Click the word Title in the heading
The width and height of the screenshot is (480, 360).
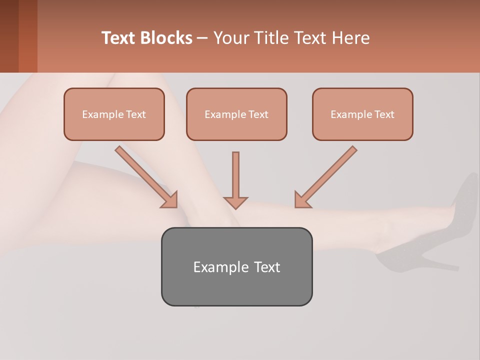(269, 38)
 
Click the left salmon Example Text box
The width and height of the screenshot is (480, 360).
(114, 114)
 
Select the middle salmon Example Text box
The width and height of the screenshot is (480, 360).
(236, 114)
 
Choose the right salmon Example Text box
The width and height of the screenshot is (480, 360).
(362, 114)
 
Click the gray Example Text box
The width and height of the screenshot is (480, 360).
(236, 266)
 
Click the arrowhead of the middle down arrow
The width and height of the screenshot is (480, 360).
(235, 202)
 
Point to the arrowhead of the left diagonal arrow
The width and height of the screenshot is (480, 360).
(170, 200)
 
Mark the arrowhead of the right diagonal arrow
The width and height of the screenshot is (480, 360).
(301, 200)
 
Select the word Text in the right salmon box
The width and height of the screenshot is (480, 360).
(384, 114)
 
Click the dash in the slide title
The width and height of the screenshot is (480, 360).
(202, 38)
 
